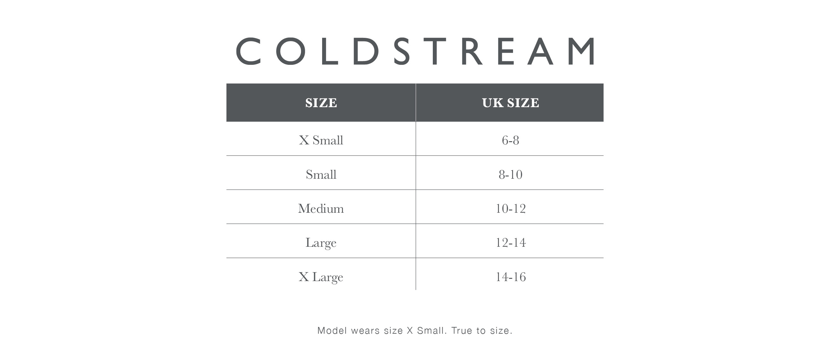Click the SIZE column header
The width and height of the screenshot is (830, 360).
tap(321, 103)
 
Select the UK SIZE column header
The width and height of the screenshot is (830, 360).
tap(510, 103)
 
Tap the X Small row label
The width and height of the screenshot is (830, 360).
tap(321, 140)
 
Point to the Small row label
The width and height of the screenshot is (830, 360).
tap(321, 174)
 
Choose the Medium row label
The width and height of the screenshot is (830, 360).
tap(321, 209)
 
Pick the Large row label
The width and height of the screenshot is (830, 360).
tap(321, 243)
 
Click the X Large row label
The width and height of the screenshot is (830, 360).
tap(321, 277)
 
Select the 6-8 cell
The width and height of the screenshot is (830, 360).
tap(510, 140)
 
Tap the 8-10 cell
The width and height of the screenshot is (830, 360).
tap(510, 174)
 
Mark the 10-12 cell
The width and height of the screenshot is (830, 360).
tap(510, 209)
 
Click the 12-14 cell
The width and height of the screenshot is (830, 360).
tap(510, 243)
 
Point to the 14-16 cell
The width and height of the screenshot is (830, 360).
tap(510, 277)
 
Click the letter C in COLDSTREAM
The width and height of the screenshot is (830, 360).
tap(248, 51)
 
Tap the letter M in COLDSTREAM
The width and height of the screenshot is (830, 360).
tap(581, 51)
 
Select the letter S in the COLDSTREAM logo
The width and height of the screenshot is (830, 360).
tap(402, 51)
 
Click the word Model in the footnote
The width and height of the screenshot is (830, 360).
tap(332, 331)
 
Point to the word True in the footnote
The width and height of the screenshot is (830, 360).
tap(462, 331)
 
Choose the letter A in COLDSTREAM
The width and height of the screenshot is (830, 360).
tap(540, 51)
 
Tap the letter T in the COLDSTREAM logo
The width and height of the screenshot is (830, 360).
tap(435, 51)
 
